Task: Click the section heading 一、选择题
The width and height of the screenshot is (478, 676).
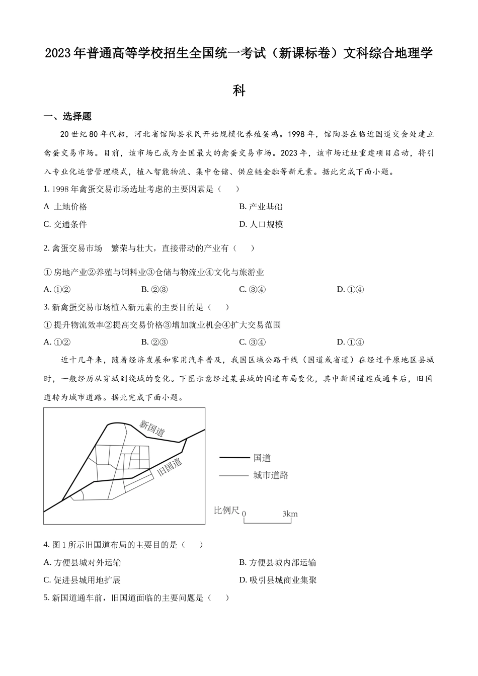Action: coord(67,116)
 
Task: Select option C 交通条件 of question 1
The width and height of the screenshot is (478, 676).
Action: coord(65,224)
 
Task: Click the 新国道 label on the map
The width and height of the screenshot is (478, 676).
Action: coord(152,428)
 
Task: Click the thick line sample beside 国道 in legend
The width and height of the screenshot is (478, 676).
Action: coord(234,458)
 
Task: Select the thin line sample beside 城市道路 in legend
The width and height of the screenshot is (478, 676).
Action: coord(234,475)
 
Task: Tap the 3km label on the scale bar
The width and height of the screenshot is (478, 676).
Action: coord(290,514)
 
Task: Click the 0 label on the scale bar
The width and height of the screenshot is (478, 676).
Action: coord(244,514)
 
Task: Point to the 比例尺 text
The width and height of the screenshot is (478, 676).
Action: coord(226,511)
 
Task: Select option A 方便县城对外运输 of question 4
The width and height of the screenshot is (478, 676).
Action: coord(83,562)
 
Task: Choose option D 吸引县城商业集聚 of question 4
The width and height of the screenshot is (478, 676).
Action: coord(278,580)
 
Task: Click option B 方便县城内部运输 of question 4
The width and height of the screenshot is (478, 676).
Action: coord(278,562)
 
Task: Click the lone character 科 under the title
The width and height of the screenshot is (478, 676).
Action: coord(239,91)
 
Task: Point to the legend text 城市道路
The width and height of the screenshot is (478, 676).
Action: coord(271,475)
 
